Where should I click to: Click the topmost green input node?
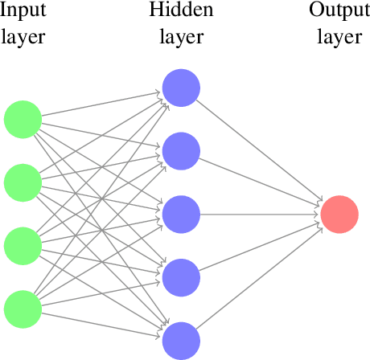pyautogui.click(x=23, y=119)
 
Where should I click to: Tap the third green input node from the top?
pyautogui.click(x=23, y=245)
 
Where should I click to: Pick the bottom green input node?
pyautogui.click(x=23, y=309)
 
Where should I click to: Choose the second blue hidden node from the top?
pyautogui.click(x=181, y=150)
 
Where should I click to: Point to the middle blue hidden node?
pyautogui.click(x=181, y=214)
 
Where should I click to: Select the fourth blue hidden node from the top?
pyautogui.click(x=181, y=277)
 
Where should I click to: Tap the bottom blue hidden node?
pyautogui.click(x=181, y=341)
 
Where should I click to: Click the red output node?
pyautogui.click(x=339, y=214)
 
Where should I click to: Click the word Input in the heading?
pyautogui.click(x=23, y=12)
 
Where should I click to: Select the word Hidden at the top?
pyautogui.click(x=180, y=11)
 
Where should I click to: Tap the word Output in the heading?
pyautogui.click(x=339, y=12)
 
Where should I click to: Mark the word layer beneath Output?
pyautogui.click(x=339, y=38)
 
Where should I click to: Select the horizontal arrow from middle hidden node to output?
pyautogui.click(x=257, y=214)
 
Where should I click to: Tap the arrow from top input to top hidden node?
pyautogui.click(x=101, y=103)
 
